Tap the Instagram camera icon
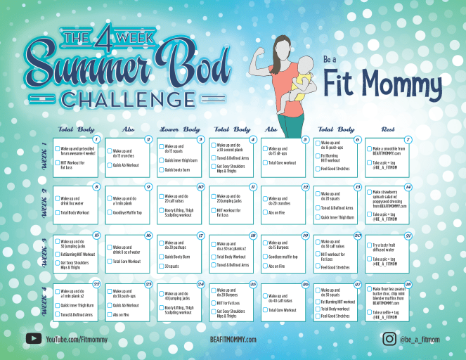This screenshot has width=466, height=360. point(389,339)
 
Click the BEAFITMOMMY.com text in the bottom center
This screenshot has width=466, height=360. point(233,340)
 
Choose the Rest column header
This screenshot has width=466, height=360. point(387,130)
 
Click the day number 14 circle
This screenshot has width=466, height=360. point(408,187)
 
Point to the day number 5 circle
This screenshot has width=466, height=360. point(305,139)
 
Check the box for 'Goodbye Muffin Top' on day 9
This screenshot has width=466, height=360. point(110,212)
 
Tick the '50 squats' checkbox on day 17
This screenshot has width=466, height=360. point(162,266)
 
